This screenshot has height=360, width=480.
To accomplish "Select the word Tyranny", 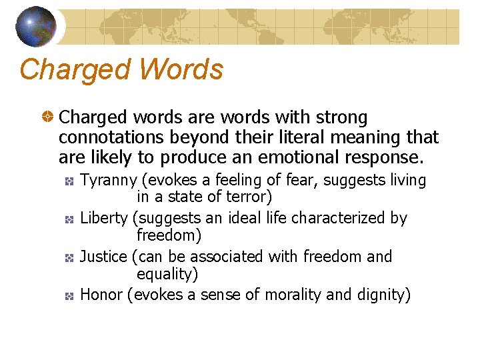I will (109, 181).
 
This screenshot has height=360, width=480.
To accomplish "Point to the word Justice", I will (103, 257).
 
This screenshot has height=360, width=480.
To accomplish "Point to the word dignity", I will (380, 295).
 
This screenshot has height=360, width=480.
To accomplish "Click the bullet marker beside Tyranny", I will (68, 181).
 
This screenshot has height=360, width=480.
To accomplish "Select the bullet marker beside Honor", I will (68, 295).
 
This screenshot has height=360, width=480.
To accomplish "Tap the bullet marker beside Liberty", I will (68, 219).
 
